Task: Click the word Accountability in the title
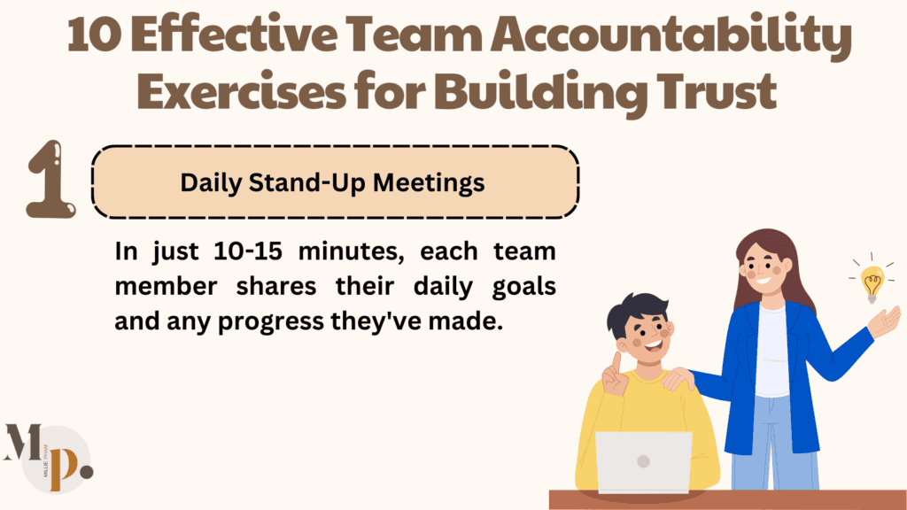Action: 672,40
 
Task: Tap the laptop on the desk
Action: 643,461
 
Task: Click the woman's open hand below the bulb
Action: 885,321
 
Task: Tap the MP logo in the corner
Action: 49,457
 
